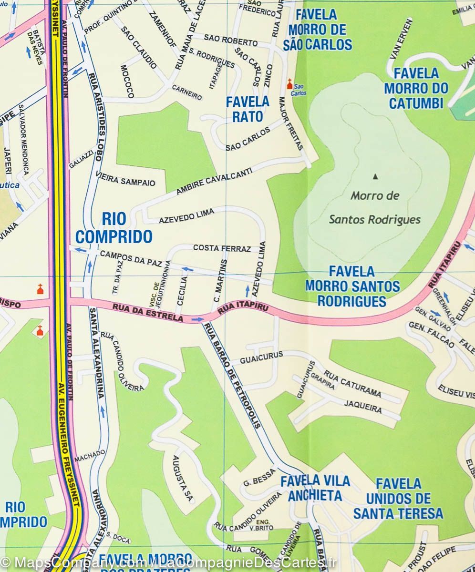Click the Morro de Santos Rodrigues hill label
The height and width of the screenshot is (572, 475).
375,207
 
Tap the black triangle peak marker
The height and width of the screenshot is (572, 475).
375,177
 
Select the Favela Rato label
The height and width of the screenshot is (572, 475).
248,109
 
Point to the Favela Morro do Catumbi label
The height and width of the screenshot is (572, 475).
416,88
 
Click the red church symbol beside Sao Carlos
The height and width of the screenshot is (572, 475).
289,84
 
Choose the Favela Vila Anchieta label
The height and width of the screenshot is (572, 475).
315,488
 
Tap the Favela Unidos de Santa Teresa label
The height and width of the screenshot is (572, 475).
398,499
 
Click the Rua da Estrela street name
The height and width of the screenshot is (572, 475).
148,313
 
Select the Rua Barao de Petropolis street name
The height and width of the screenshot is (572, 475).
232,375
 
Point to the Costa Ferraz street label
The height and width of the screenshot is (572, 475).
222,248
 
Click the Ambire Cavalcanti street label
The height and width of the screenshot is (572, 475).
214,183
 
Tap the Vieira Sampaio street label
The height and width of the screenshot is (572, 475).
125,179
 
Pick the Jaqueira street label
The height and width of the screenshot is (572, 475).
363,407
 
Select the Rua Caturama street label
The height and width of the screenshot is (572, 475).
352,384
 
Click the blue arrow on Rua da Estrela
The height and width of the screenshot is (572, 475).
198,319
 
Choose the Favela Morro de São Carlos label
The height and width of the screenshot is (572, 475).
318,30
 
